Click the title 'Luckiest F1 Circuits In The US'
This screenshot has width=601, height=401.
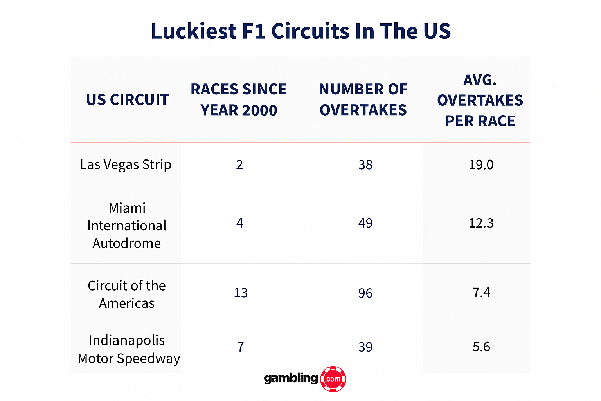pos(300,31)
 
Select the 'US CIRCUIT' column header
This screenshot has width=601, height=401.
pos(127,100)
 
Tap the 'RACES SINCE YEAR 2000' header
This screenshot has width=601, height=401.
pos(239,100)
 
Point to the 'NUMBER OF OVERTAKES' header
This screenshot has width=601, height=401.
pos(363,100)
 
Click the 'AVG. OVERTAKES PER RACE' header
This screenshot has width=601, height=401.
pos(480,101)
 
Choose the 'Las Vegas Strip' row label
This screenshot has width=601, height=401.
pos(126,165)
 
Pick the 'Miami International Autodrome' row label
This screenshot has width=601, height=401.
pos(127,226)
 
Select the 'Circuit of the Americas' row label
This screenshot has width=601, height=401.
pos(127,294)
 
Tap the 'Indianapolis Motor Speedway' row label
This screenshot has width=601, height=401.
pos(129,349)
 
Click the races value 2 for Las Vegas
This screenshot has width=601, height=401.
pos(239,165)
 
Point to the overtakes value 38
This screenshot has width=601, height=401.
pos(365,165)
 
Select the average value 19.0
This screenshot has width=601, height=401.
pos(481,165)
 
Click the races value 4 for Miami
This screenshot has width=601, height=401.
pos(240,223)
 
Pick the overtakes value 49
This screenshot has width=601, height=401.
pos(365,223)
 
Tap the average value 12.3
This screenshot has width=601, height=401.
pos(481,223)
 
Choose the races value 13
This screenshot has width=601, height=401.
pos(241,293)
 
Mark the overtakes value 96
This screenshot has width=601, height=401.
pos(365,293)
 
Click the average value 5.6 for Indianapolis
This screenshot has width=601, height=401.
pos(481,347)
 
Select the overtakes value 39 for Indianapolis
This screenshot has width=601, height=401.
pos(365,347)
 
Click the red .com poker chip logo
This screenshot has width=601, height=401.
pos(333,379)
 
